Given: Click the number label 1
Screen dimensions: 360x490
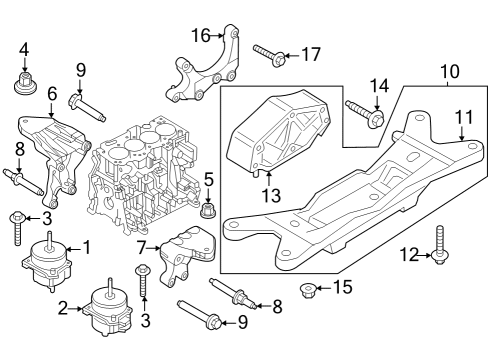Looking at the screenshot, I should click(86, 246).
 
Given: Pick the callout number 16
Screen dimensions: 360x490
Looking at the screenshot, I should click(200, 35).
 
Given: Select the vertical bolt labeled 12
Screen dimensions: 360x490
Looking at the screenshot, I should click(440, 245).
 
